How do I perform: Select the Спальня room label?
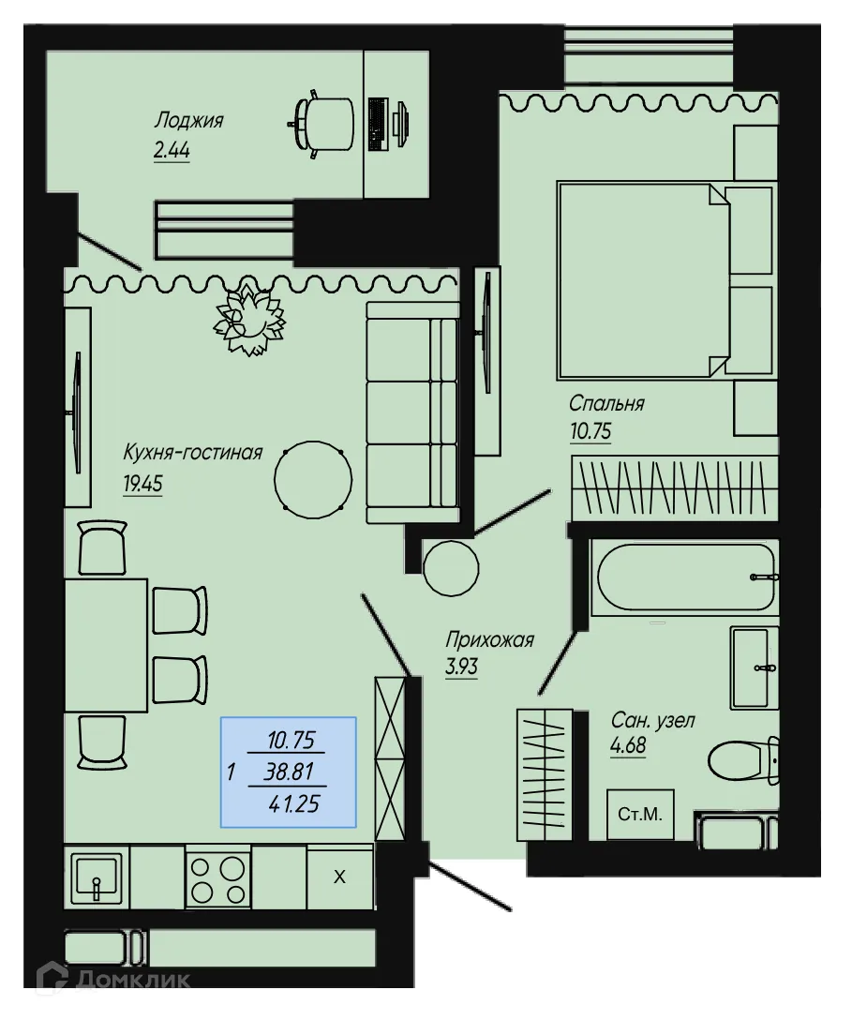coord(606,404)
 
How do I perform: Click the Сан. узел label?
coord(652,721)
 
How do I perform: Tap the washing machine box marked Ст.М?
coord(640,815)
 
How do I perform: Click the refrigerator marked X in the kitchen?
coord(340,877)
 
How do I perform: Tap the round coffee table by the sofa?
coord(312,478)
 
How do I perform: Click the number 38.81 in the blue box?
coord(290,772)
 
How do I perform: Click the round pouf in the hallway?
coord(451,566)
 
